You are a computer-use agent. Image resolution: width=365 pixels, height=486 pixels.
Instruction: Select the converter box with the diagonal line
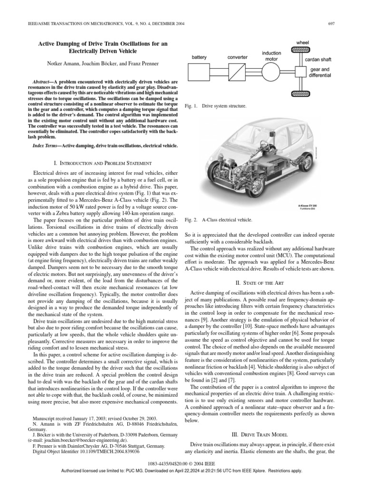pos(237,72)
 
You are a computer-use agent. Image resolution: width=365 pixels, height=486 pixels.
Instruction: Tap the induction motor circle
pos(271,72)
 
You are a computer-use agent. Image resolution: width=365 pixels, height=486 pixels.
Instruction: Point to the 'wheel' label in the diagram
pos(303,43)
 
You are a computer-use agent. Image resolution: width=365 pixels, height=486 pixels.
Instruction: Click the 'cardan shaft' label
pos(318,60)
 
